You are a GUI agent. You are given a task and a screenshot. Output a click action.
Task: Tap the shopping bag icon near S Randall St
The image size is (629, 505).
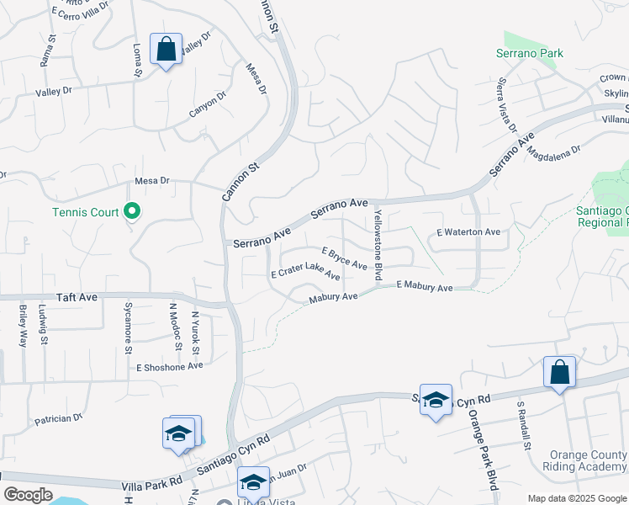pyautogui.click(x=559, y=373)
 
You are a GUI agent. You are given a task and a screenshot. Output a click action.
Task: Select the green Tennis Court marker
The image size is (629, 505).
pyautogui.click(x=131, y=211)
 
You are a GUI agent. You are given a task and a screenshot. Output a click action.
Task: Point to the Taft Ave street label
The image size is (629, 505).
pyautogui.click(x=77, y=298)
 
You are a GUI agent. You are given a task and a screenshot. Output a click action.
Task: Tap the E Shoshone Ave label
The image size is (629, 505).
pyautogui.click(x=170, y=366)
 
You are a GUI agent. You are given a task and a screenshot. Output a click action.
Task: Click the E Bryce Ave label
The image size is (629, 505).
pyautogui.click(x=345, y=258)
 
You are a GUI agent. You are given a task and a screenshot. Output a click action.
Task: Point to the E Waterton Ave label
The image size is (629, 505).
pyautogui.click(x=468, y=231)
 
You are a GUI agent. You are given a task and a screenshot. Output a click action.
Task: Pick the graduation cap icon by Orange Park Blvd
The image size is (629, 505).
pyautogui.click(x=436, y=401)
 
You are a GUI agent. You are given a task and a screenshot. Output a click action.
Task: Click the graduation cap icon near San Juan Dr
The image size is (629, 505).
pyautogui.click(x=252, y=483)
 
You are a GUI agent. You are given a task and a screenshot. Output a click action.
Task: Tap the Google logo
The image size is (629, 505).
pyautogui.click(x=28, y=495)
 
